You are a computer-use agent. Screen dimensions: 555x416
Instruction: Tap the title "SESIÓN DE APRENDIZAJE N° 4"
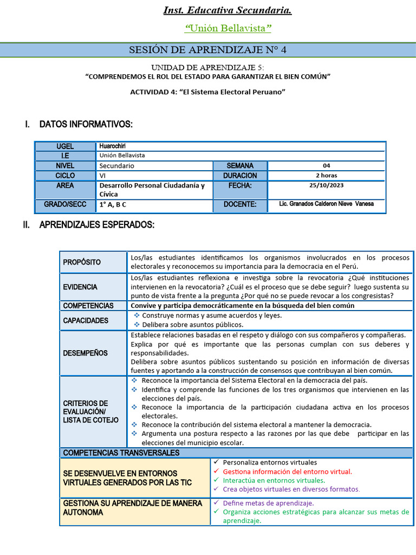point(207,50)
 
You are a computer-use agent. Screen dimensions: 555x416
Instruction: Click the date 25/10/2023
point(326,185)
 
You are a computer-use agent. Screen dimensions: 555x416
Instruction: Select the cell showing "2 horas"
point(326,176)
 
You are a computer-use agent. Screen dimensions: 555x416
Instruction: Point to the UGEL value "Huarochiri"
point(112,146)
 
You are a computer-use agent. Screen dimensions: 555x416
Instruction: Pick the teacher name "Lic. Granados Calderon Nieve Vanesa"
point(326,204)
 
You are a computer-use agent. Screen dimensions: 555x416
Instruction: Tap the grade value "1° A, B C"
point(113,205)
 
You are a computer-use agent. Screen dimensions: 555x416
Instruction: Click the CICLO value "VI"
point(103,176)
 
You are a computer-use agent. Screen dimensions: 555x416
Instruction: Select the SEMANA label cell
point(239,166)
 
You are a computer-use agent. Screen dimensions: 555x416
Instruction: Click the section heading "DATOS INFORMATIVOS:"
point(86,125)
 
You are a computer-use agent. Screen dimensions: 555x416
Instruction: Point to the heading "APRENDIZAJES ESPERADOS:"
point(96,225)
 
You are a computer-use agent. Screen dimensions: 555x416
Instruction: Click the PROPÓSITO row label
point(82,262)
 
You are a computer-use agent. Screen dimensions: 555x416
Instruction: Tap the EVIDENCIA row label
point(80,287)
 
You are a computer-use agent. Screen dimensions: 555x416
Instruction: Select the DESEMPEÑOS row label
point(85,353)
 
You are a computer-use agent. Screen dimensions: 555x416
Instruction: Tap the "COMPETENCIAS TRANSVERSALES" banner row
point(121,453)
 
